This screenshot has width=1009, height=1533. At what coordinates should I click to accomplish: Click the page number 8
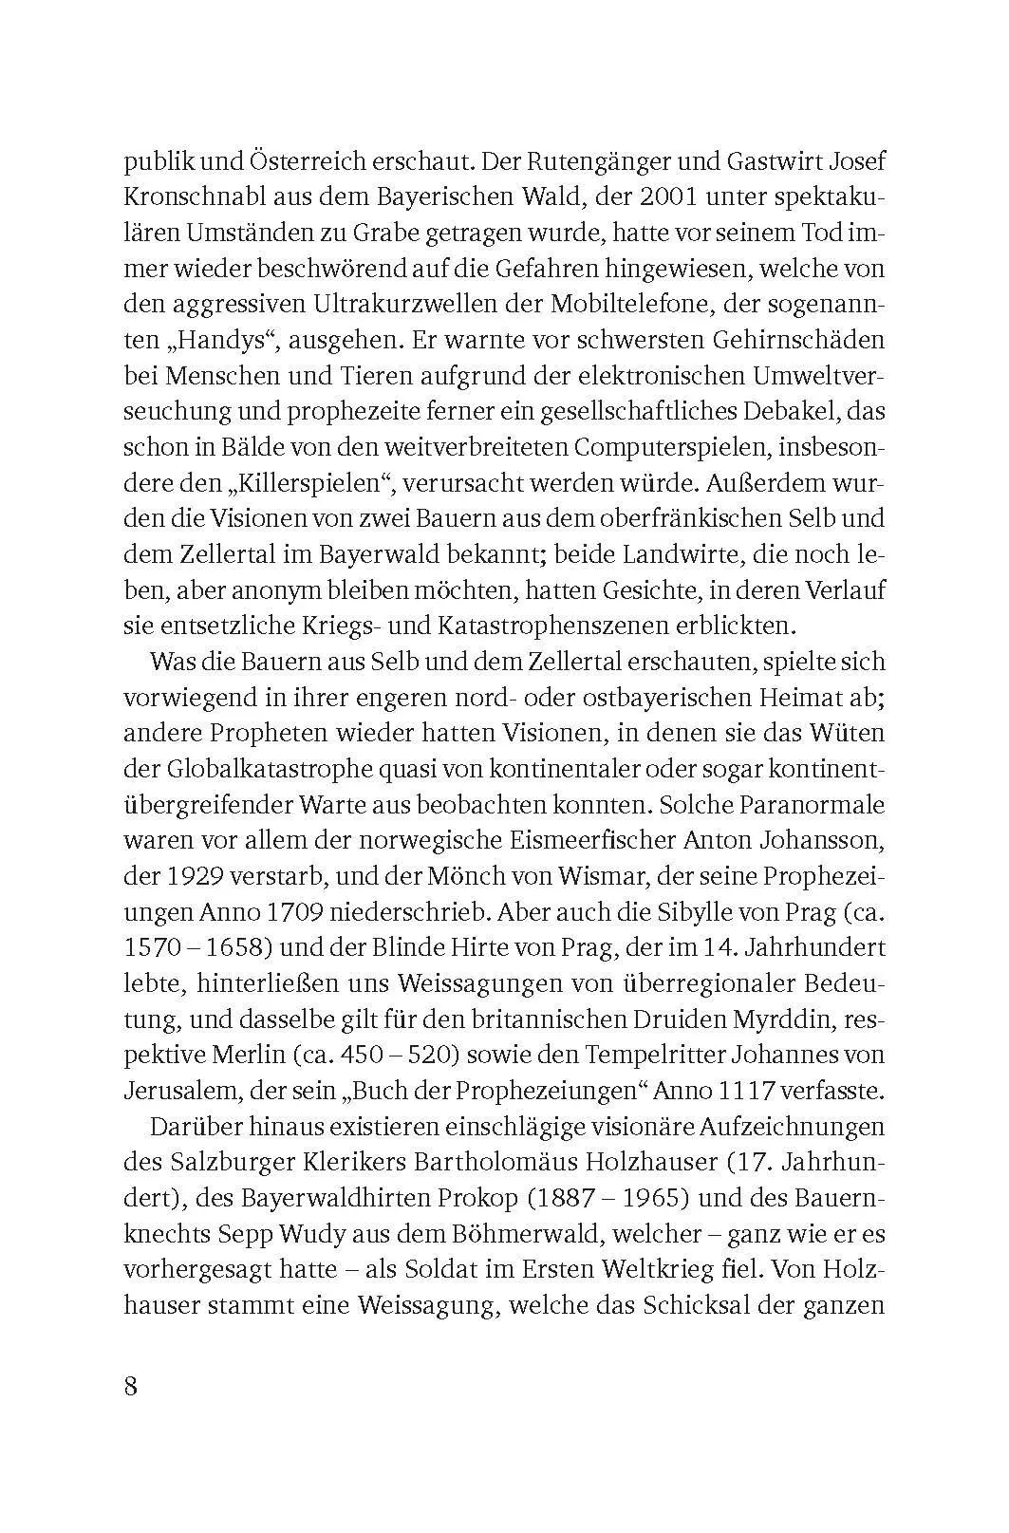tap(131, 1386)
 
